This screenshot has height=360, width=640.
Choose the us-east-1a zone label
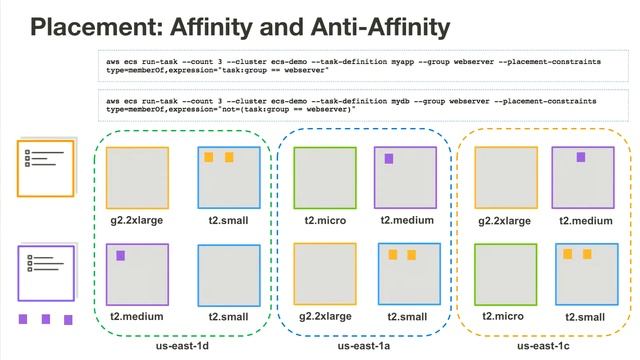point(364,346)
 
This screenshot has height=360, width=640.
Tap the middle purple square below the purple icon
point(46,320)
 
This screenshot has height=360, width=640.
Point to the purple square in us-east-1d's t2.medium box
point(121,256)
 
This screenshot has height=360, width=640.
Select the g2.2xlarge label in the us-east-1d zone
point(136,220)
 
